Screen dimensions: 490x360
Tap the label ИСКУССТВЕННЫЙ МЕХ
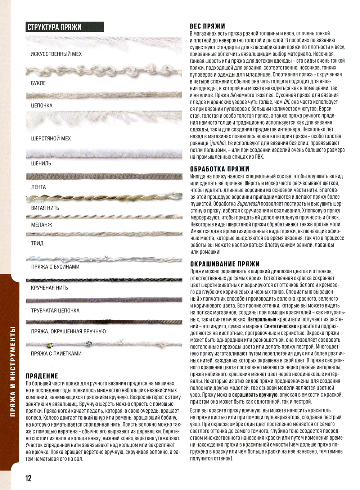(56, 54)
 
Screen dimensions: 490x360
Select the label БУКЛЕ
(38, 83)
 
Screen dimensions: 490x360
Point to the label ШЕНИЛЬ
(41, 163)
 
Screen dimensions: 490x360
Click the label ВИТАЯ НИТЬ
(45, 208)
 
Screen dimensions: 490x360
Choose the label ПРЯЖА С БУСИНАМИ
(55, 267)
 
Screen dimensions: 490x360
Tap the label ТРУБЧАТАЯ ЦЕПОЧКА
(55, 311)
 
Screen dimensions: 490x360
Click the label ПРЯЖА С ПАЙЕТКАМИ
(56, 354)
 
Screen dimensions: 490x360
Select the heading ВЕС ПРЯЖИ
(207, 26)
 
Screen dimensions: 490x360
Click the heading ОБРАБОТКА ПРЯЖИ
(220, 169)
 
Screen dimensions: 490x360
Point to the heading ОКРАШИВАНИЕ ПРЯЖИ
(225, 264)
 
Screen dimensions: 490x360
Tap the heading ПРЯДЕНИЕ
(42, 376)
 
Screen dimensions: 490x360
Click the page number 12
(28, 478)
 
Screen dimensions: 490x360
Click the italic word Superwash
(248, 204)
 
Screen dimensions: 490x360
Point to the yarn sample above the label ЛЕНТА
(104, 177)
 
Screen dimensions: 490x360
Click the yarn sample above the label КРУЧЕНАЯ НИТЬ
(104, 280)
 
